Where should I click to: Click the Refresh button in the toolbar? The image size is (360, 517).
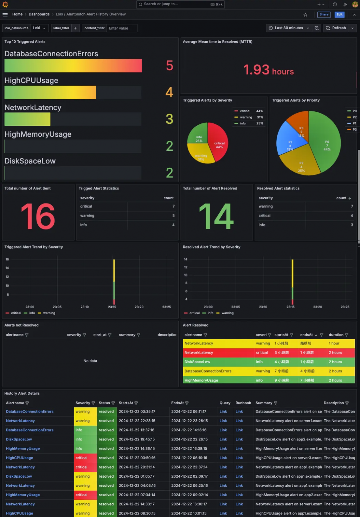point(336,28)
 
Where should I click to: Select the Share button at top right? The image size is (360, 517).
point(324,15)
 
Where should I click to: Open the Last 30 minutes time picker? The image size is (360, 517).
point(289,28)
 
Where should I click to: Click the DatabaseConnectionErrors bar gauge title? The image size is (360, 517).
point(51,54)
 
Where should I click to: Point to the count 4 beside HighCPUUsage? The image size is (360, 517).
point(169,92)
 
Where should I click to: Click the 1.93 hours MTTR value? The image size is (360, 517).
point(268,70)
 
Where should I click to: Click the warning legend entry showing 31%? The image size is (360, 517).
point(246,117)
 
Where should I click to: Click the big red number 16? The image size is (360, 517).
point(38,217)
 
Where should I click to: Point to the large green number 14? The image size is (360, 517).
point(216,217)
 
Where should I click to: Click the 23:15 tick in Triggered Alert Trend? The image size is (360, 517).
point(112,307)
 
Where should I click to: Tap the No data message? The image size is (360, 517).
point(90,361)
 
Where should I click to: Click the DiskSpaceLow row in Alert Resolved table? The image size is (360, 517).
point(197,362)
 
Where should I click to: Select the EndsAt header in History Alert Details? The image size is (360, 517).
point(178,403)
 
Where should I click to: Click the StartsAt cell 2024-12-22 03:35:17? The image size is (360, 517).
point(137,412)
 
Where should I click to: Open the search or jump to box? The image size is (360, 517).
point(180,4)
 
